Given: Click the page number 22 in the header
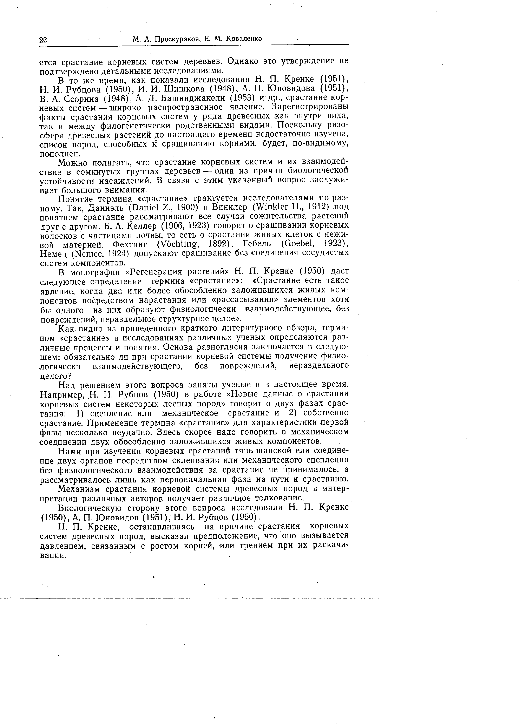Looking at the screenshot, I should point(43,40).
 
